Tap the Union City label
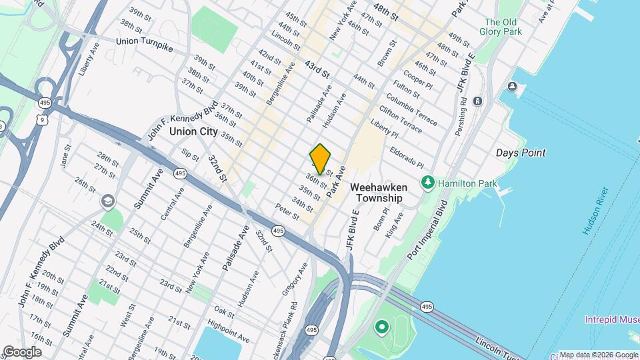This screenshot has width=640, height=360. [x=193, y=131]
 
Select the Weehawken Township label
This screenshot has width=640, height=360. [x=378, y=193]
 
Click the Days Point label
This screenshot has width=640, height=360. [x=521, y=153]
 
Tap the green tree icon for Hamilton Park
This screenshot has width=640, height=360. [x=427, y=182]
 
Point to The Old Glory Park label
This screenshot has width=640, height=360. [x=503, y=26]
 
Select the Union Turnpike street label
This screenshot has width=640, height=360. [x=145, y=41]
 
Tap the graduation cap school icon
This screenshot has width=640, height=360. [x=107, y=201]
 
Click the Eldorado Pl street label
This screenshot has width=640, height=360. [x=407, y=157]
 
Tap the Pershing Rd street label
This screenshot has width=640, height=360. [x=461, y=118]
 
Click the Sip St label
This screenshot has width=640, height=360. [x=190, y=155]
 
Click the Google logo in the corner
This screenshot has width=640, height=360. [x=22, y=352]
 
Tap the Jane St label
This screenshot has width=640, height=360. [x=65, y=156]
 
